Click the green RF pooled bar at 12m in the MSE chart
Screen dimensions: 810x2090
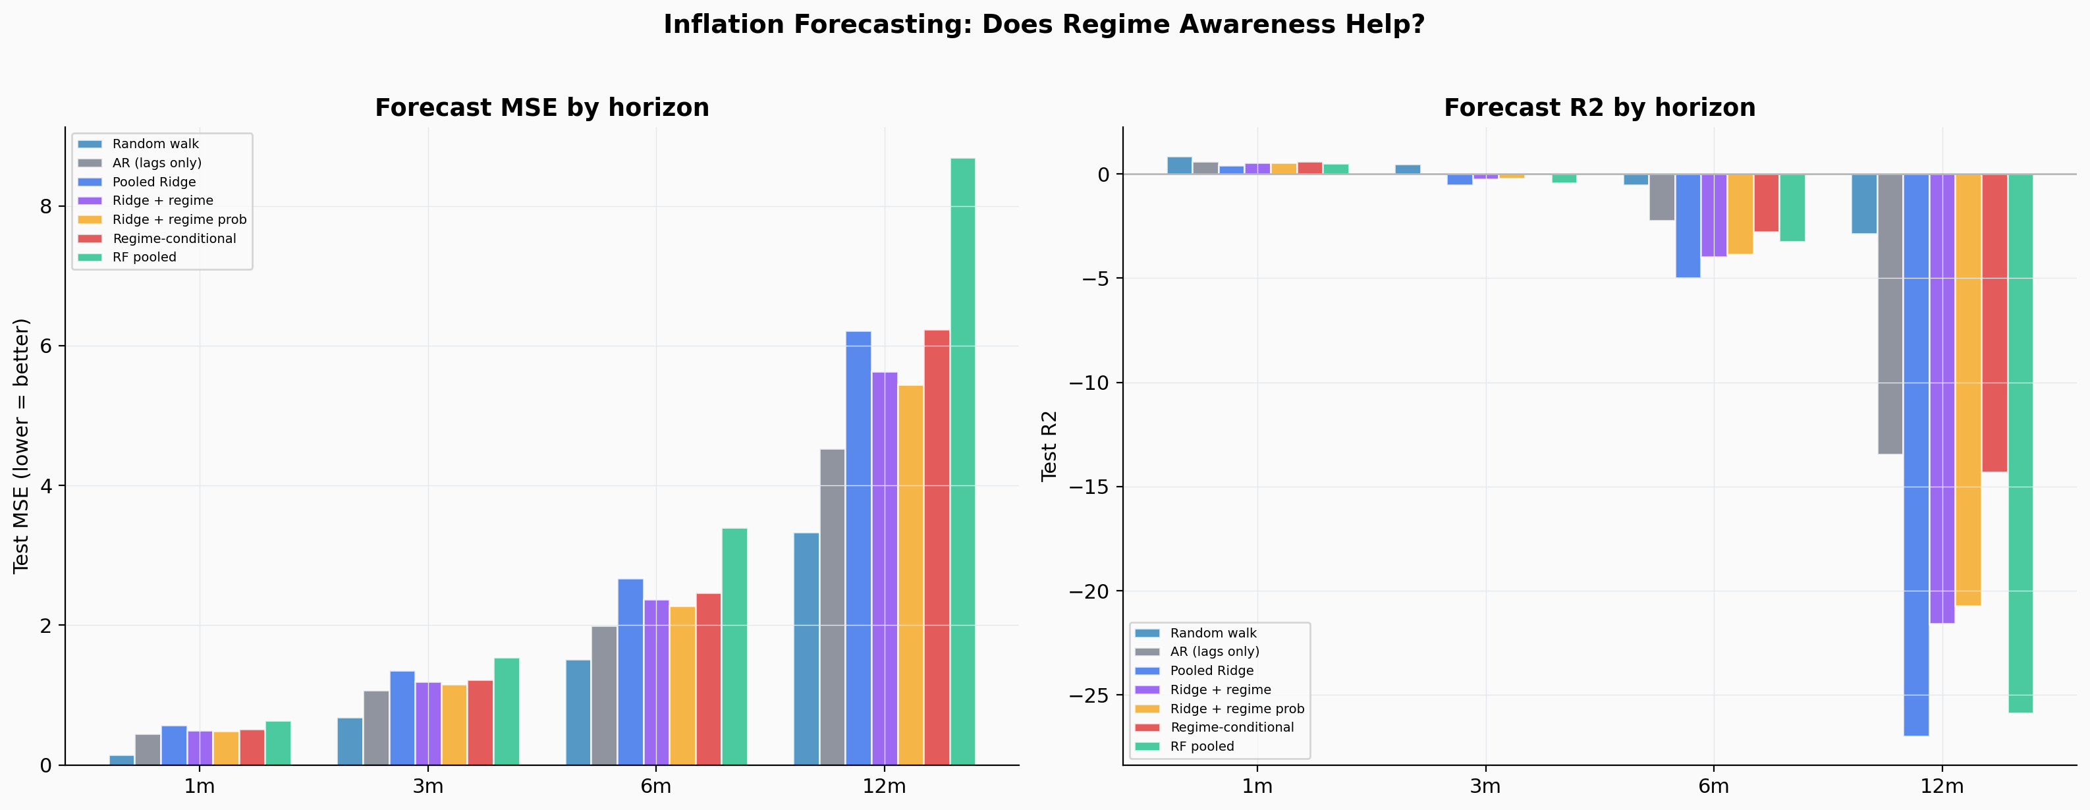coord(962,462)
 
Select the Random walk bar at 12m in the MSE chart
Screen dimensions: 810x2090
coord(806,649)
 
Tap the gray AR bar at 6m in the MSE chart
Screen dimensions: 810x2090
coord(603,695)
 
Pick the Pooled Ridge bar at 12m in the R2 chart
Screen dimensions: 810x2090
coord(1915,454)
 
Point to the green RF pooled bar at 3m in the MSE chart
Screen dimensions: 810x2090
coord(507,712)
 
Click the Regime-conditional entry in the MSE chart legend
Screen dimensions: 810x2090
coord(174,238)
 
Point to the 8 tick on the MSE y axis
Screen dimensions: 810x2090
coord(45,207)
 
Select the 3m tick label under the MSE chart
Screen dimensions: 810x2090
coord(427,786)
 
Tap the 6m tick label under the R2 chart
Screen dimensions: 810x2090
coord(1713,786)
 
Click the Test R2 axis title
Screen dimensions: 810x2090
coord(1049,446)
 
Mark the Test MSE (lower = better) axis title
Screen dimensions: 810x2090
coord(21,446)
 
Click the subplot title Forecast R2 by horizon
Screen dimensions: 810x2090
coord(1599,108)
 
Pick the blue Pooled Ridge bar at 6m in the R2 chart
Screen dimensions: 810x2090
coord(1688,227)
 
